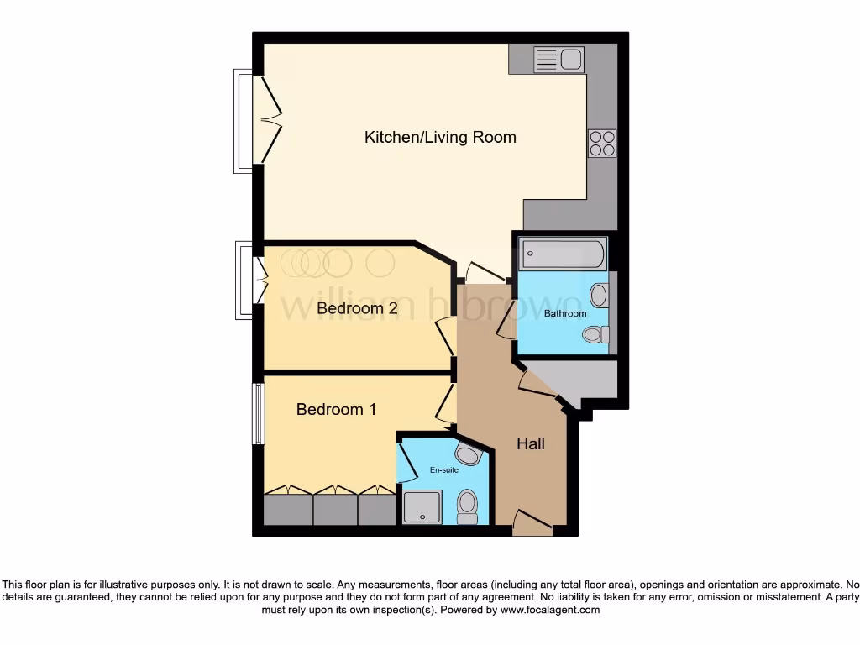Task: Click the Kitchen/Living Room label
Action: pyautogui.click(x=439, y=137)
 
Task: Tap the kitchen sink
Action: pyautogui.click(x=559, y=60)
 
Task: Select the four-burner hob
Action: pyautogui.click(x=602, y=144)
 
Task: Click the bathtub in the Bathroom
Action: pyautogui.click(x=562, y=254)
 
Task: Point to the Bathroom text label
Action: pyautogui.click(x=565, y=313)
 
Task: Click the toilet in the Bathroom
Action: pyautogui.click(x=595, y=334)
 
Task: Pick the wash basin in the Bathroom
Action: pyautogui.click(x=600, y=295)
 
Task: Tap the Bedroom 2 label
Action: pyautogui.click(x=357, y=308)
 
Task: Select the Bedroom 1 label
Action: pyautogui.click(x=336, y=409)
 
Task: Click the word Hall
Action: pyautogui.click(x=530, y=443)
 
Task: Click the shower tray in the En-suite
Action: pyautogui.click(x=422, y=507)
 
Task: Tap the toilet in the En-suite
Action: pyautogui.click(x=467, y=506)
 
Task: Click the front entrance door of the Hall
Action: pyautogui.click(x=532, y=524)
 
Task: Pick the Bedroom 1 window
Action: pyautogui.click(x=258, y=414)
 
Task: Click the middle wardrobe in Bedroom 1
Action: pyautogui.click(x=334, y=508)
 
